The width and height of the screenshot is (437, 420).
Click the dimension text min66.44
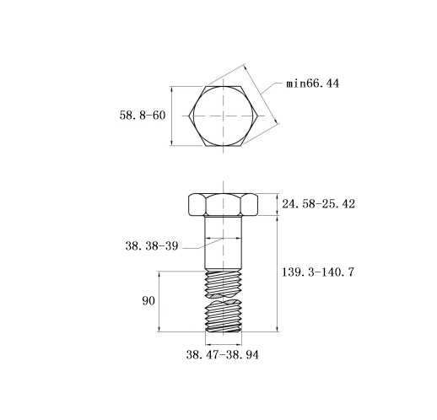pyautogui.click(x=312, y=83)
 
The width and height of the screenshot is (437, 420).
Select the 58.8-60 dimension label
pyautogui.click(x=143, y=116)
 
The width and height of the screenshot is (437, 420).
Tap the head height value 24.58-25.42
pyautogui.click(x=318, y=204)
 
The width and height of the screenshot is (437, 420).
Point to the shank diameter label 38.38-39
pyautogui.click(x=152, y=246)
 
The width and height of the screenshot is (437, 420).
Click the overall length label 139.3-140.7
pyautogui.click(x=318, y=272)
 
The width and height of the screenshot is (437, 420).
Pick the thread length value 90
pyautogui.click(x=148, y=301)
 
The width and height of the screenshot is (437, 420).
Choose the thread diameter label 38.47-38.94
pyautogui.click(x=223, y=355)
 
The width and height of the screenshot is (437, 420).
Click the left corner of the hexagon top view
pyautogui.click(x=189, y=116)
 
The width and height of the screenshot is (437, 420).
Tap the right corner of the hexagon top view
pyautogui.click(x=258, y=116)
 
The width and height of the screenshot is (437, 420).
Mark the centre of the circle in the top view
pyautogui.click(x=224, y=116)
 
